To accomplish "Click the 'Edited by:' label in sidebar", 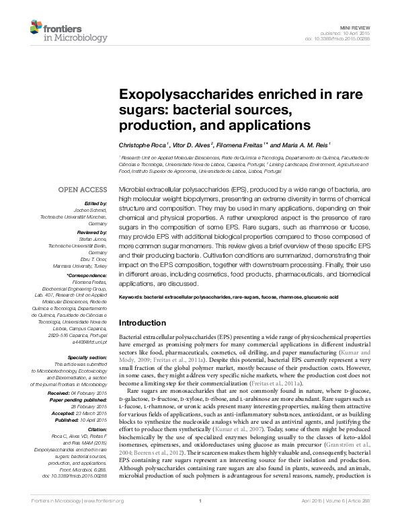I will (x=94, y=203).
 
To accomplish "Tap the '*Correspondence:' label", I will (x=86, y=276).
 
